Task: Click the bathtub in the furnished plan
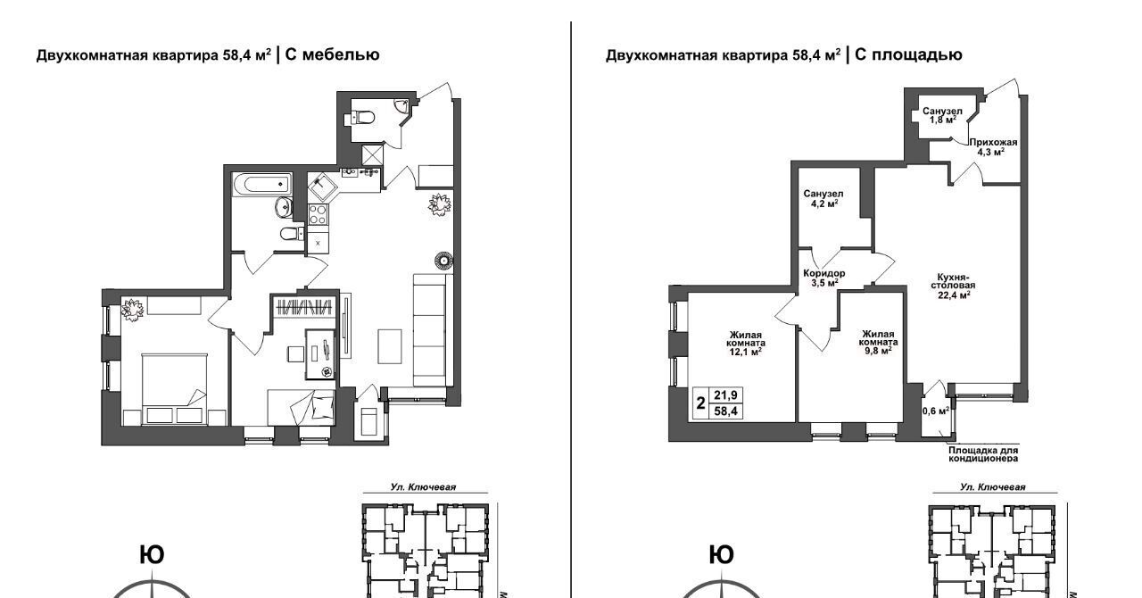[x=262, y=184]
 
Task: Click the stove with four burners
[x=319, y=214]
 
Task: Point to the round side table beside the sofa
[x=444, y=261]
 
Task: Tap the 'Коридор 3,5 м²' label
[x=823, y=278]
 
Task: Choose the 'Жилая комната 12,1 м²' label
[x=745, y=343]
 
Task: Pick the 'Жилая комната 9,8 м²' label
[x=878, y=342]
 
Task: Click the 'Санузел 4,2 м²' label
[x=823, y=198]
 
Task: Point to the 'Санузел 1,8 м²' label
[x=942, y=116]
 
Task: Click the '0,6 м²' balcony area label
[x=936, y=411]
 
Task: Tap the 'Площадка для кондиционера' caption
[x=983, y=454]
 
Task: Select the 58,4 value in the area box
[x=726, y=411]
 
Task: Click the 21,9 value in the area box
[x=726, y=395]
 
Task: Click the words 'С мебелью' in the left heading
[x=332, y=54]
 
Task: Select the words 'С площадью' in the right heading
[x=908, y=54]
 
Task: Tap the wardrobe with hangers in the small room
[x=304, y=307]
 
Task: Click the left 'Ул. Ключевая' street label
[x=423, y=486]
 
